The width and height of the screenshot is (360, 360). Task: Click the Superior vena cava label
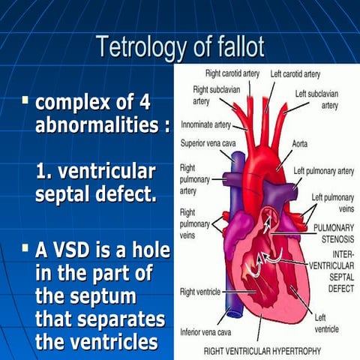click(208, 142)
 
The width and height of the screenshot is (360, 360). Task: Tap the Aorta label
click(298, 142)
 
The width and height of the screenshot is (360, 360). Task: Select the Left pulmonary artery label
click(323, 170)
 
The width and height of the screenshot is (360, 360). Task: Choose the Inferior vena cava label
click(205, 331)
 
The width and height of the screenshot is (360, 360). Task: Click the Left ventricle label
click(325, 323)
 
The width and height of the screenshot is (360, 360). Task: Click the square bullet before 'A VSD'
click(25, 247)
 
